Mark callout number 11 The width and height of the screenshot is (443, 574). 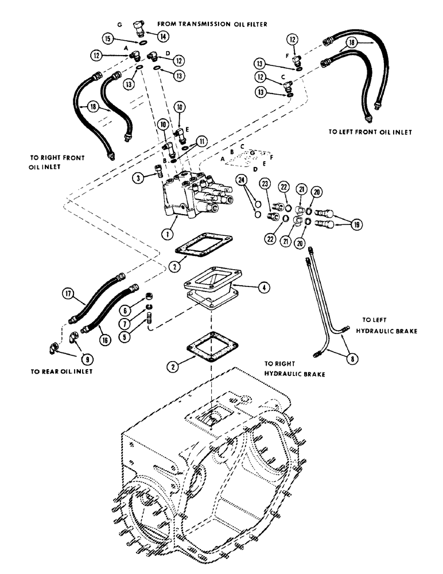point(200,141)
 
